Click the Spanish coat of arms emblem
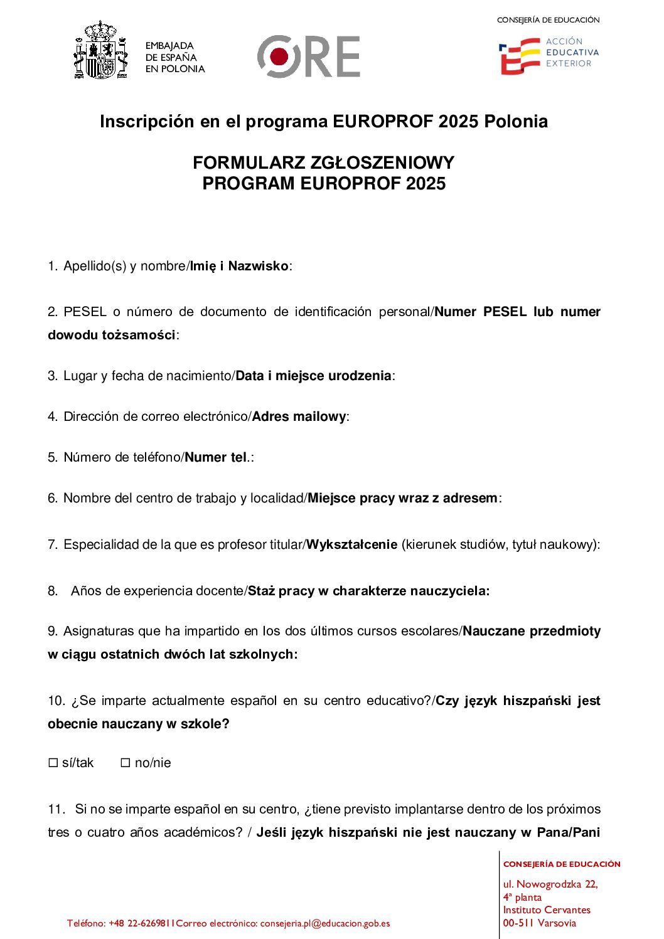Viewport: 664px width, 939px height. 100,51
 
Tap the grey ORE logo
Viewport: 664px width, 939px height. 308,56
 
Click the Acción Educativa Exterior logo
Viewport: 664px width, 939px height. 549,55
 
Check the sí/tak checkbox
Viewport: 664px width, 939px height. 53,763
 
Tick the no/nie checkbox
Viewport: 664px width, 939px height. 126,763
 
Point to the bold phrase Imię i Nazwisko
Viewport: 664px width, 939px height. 239,266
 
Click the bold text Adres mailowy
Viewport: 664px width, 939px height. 299,416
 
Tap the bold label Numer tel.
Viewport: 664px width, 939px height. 217,457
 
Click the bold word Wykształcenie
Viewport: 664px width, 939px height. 351,544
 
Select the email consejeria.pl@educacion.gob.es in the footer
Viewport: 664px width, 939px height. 324,923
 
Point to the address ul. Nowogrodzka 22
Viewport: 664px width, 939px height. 550,884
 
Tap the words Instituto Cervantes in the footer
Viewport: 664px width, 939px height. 546,910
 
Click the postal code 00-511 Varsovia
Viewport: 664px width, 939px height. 539,923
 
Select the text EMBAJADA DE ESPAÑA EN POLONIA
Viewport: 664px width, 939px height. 174,57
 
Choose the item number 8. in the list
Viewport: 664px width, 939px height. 53,591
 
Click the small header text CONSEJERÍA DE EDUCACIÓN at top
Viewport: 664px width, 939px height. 548,20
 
